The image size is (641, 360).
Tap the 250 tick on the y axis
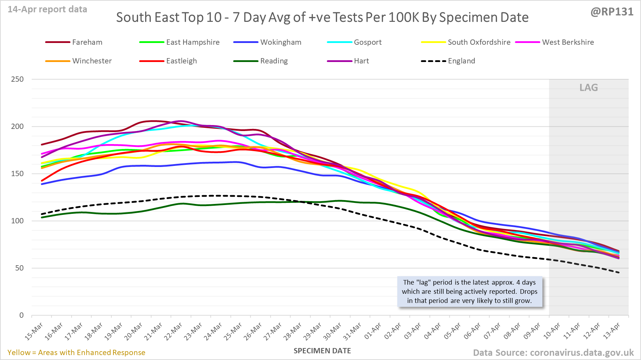click(x=17, y=79)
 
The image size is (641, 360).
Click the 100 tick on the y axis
click(x=17, y=221)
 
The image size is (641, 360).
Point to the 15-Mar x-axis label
click(x=34, y=331)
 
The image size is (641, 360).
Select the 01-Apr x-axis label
click(x=373, y=331)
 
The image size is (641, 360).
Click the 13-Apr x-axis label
click(x=611, y=331)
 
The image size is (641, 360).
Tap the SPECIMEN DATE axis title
click(x=322, y=351)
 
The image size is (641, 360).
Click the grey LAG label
click(x=589, y=88)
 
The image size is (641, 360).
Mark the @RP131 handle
click(x=612, y=12)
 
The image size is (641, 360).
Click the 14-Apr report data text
click(x=48, y=10)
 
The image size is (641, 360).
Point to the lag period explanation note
click(x=469, y=292)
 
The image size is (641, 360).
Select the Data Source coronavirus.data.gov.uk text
click(x=553, y=353)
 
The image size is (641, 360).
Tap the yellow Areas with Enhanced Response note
click(x=76, y=353)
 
